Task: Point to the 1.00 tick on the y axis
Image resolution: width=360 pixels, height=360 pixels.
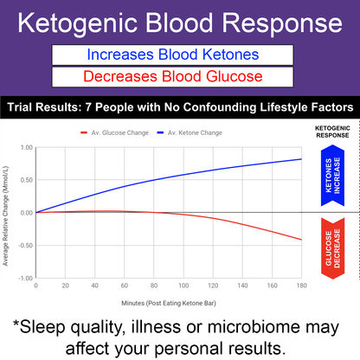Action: click(25, 147)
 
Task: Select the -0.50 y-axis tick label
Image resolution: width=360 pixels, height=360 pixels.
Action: click(24, 246)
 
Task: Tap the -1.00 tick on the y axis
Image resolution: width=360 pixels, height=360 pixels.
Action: click(24, 279)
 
